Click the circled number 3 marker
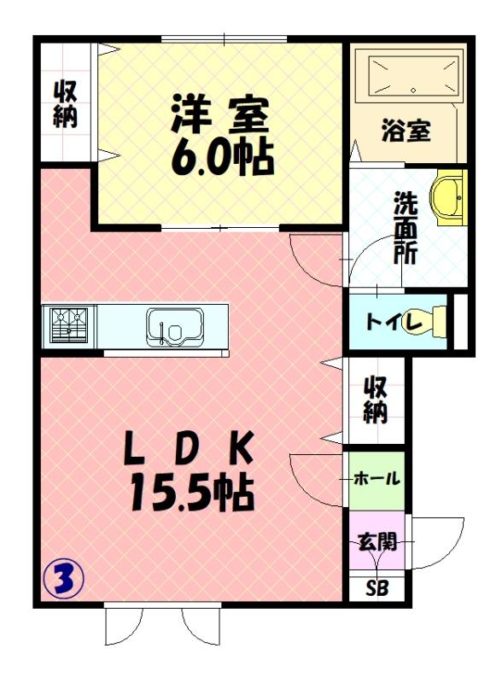click(x=63, y=579)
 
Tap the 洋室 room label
click(x=219, y=115)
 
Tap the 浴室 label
click(x=406, y=131)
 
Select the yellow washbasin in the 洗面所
click(x=449, y=197)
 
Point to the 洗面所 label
click(x=404, y=228)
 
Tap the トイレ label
click(x=390, y=322)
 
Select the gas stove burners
click(x=69, y=325)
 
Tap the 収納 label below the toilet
click(x=376, y=400)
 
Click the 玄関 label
click(x=376, y=541)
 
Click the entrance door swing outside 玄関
click(x=439, y=541)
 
